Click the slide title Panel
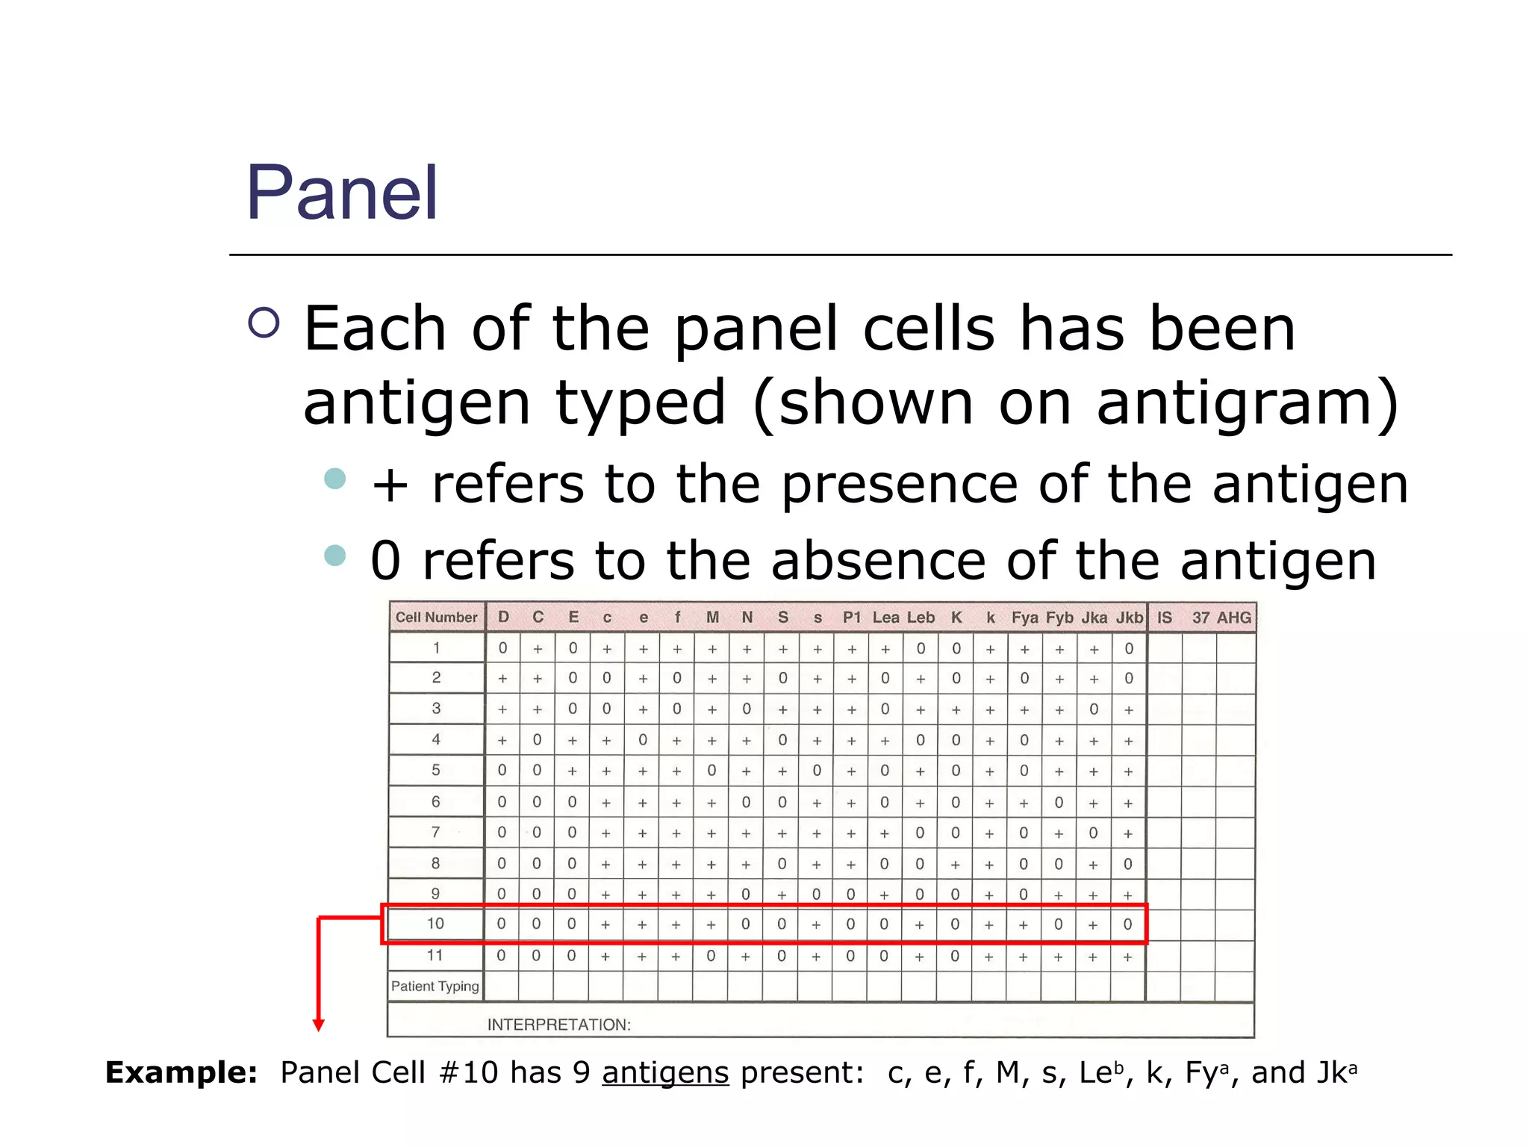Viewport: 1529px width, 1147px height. point(342,193)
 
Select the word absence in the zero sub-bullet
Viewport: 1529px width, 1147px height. point(878,561)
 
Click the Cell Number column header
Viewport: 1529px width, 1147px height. point(436,618)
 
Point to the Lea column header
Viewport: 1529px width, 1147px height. point(885,618)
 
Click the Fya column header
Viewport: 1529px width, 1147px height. point(1024,618)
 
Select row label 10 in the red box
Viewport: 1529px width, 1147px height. point(435,924)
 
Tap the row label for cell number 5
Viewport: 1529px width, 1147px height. point(436,770)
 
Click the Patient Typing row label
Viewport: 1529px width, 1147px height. point(435,986)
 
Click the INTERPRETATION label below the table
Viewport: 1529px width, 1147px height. point(558,1025)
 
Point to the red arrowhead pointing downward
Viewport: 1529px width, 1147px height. point(319,1025)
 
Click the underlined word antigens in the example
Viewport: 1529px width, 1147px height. point(665,1073)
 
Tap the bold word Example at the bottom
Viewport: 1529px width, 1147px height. point(181,1072)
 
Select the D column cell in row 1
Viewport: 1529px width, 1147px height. point(502,648)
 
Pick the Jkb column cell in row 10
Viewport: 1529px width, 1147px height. point(1127,924)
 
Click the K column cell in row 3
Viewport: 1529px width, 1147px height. point(956,709)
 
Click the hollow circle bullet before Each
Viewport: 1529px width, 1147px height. point(264,323)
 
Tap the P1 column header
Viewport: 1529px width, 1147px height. point(851,618)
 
